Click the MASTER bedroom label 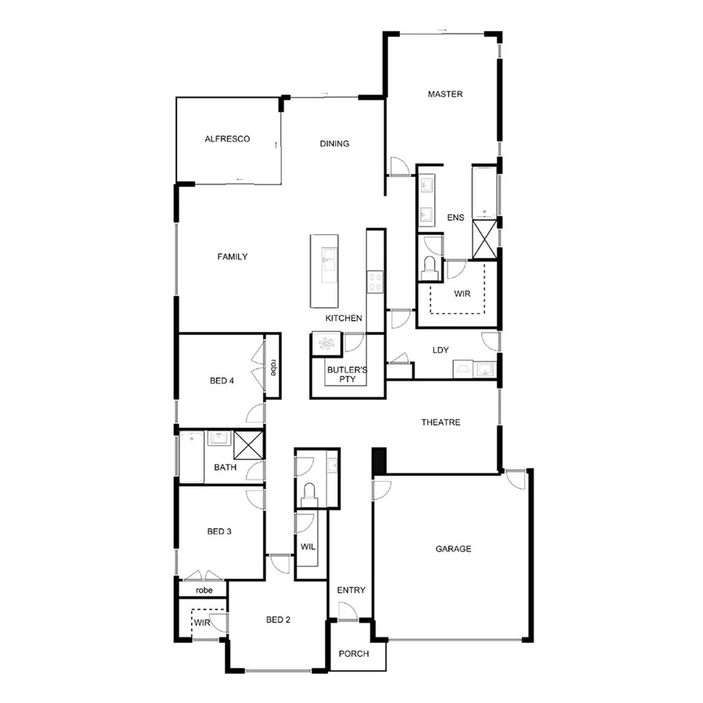[445, 95]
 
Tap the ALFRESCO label [227, 139]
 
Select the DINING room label [334, 144]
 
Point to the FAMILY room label [233, 257]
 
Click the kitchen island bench [325, 270]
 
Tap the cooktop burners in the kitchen [376, 280]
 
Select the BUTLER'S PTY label [347, 373]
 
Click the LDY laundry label [441, 350]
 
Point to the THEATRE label [441, 423]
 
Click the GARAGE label [453, 549]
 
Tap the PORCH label [353, 655]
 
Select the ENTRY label [351, 591]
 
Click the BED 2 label [278, 620]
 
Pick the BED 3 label [219, 532]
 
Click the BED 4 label [222, 381]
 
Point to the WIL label [308, 547]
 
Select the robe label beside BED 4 [273, 367]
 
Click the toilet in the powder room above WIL [310, 492]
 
